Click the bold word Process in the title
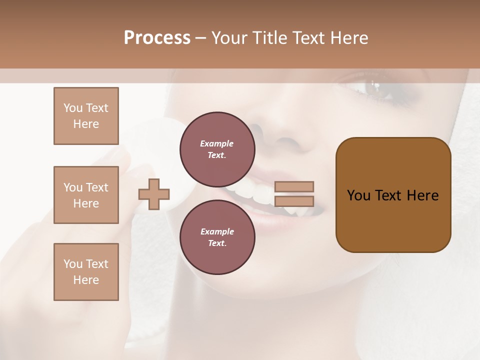pos(157,38)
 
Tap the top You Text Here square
pos(86,116)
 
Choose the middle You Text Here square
pos(86,195)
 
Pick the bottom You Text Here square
pos(86,272)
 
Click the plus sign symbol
pos(154,194)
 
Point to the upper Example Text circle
pos(217,149)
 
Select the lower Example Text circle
pos(217,237)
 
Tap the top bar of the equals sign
pos(294,186)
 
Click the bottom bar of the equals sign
pos(294,201)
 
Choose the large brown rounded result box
pos(393,195)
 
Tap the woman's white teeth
pos(260,195)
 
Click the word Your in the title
pos(230,38)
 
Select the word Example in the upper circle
pos(217,143)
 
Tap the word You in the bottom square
pos(73,264)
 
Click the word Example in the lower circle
pos(217,231)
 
